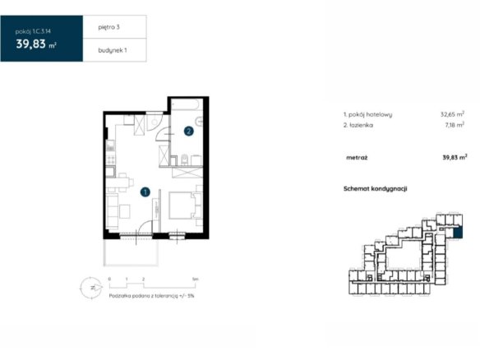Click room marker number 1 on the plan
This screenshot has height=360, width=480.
coord(145,192)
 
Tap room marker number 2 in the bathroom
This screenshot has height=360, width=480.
coord(188,132)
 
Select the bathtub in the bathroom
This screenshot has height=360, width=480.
coord(187,104)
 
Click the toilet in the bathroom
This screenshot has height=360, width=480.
coord(185,159)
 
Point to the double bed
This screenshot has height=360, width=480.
coord(182,205)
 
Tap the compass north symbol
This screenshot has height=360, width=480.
coord(91,288)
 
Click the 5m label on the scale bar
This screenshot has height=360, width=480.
coord(196,279)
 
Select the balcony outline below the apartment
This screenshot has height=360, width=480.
coord(131,252)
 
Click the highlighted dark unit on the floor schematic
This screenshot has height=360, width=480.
coord(458,233)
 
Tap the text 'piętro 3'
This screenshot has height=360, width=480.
coord(109,27)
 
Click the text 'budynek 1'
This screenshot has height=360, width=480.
coord(113,50)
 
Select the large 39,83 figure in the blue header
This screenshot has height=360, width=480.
coord(31,44)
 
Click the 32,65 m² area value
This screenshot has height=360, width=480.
coord(452,114)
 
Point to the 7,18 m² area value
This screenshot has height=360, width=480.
coord(455,125)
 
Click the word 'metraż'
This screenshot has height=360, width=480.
coord(357,158)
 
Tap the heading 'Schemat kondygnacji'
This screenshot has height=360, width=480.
coord(376,188)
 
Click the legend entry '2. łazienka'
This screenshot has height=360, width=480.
coord(358,125)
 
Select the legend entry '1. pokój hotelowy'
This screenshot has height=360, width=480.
coord(367,114)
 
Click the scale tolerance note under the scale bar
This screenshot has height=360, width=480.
coord(151,296)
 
